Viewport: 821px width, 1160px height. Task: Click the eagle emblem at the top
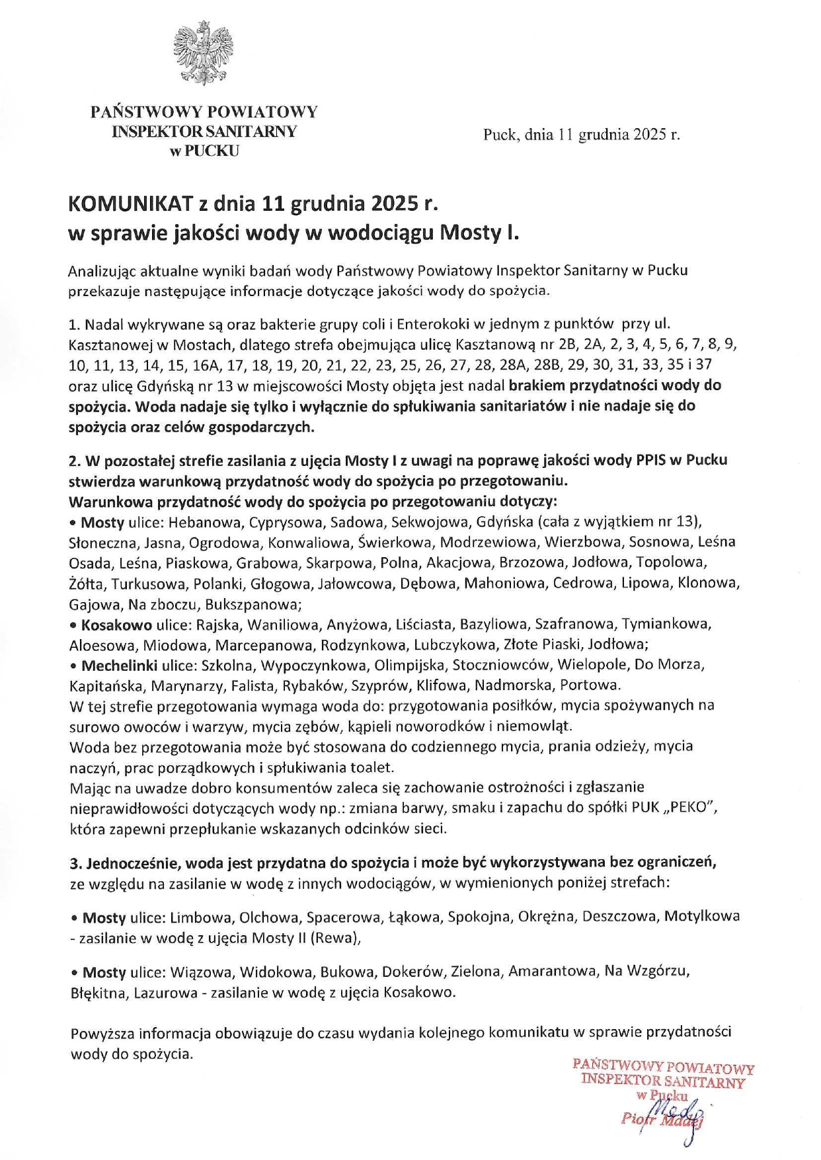[203, 53]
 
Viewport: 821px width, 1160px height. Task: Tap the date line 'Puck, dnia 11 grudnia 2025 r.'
[581, 135]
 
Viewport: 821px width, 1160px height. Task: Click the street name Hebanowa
[205, 522]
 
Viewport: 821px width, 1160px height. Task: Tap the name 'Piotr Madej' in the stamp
[662, 1120]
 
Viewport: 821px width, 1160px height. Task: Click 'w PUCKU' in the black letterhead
[204, 151]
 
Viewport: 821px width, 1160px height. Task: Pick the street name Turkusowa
[143, 584]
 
